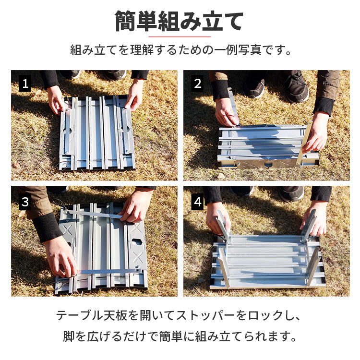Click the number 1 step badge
coord(25,84)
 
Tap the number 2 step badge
coord(197,84)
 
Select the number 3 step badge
coord(25,202)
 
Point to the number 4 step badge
coord(197,202)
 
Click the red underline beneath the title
coord(180,36)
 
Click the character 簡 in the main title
coord(125,21)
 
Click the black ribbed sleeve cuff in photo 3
coord(47,227)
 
